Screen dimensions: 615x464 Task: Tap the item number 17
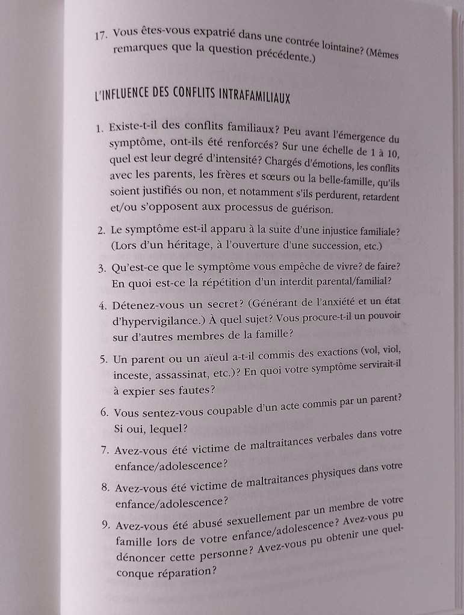[101, 35]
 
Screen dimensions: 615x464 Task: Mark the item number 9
[105, 524]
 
